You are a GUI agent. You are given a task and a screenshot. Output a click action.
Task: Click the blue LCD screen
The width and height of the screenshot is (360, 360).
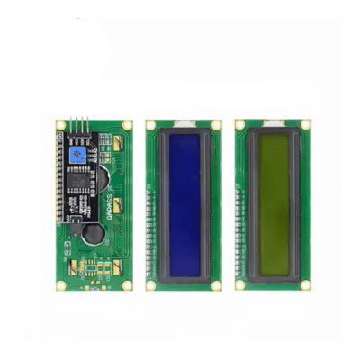click(184, 203)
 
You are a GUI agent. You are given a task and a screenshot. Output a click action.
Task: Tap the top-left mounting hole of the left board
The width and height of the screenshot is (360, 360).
click(60, 124)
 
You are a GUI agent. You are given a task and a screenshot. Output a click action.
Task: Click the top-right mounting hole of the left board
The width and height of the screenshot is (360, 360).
click(127, 124)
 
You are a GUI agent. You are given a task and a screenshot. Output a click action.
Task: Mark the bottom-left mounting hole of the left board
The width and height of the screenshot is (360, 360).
click(60, 284)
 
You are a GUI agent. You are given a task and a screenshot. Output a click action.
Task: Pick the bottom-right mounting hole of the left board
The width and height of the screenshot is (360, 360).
click(127, 284)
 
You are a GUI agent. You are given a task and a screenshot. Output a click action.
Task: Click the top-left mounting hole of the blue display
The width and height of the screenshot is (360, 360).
click(150, 124)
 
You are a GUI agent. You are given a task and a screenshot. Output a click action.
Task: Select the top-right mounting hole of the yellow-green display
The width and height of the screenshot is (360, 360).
click(306, 124)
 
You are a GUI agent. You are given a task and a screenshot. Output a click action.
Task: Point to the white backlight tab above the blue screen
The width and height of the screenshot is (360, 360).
click(184, 121)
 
